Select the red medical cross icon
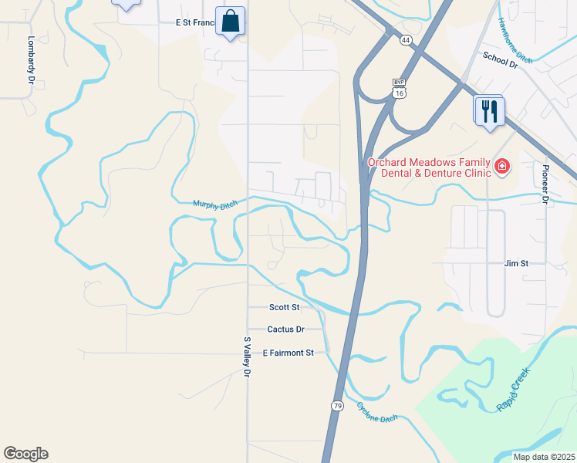tap(501, 166)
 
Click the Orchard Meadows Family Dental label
tap(428, 167)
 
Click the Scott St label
tap(284, 307)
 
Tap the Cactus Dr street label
tap(285, 330)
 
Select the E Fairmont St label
tap(288, 353)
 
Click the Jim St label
tap(515, 263)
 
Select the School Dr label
tap(500, 60)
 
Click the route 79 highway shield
tap(337, 405)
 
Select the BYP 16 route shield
tap(399, 87)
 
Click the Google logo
tap(25, 454)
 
